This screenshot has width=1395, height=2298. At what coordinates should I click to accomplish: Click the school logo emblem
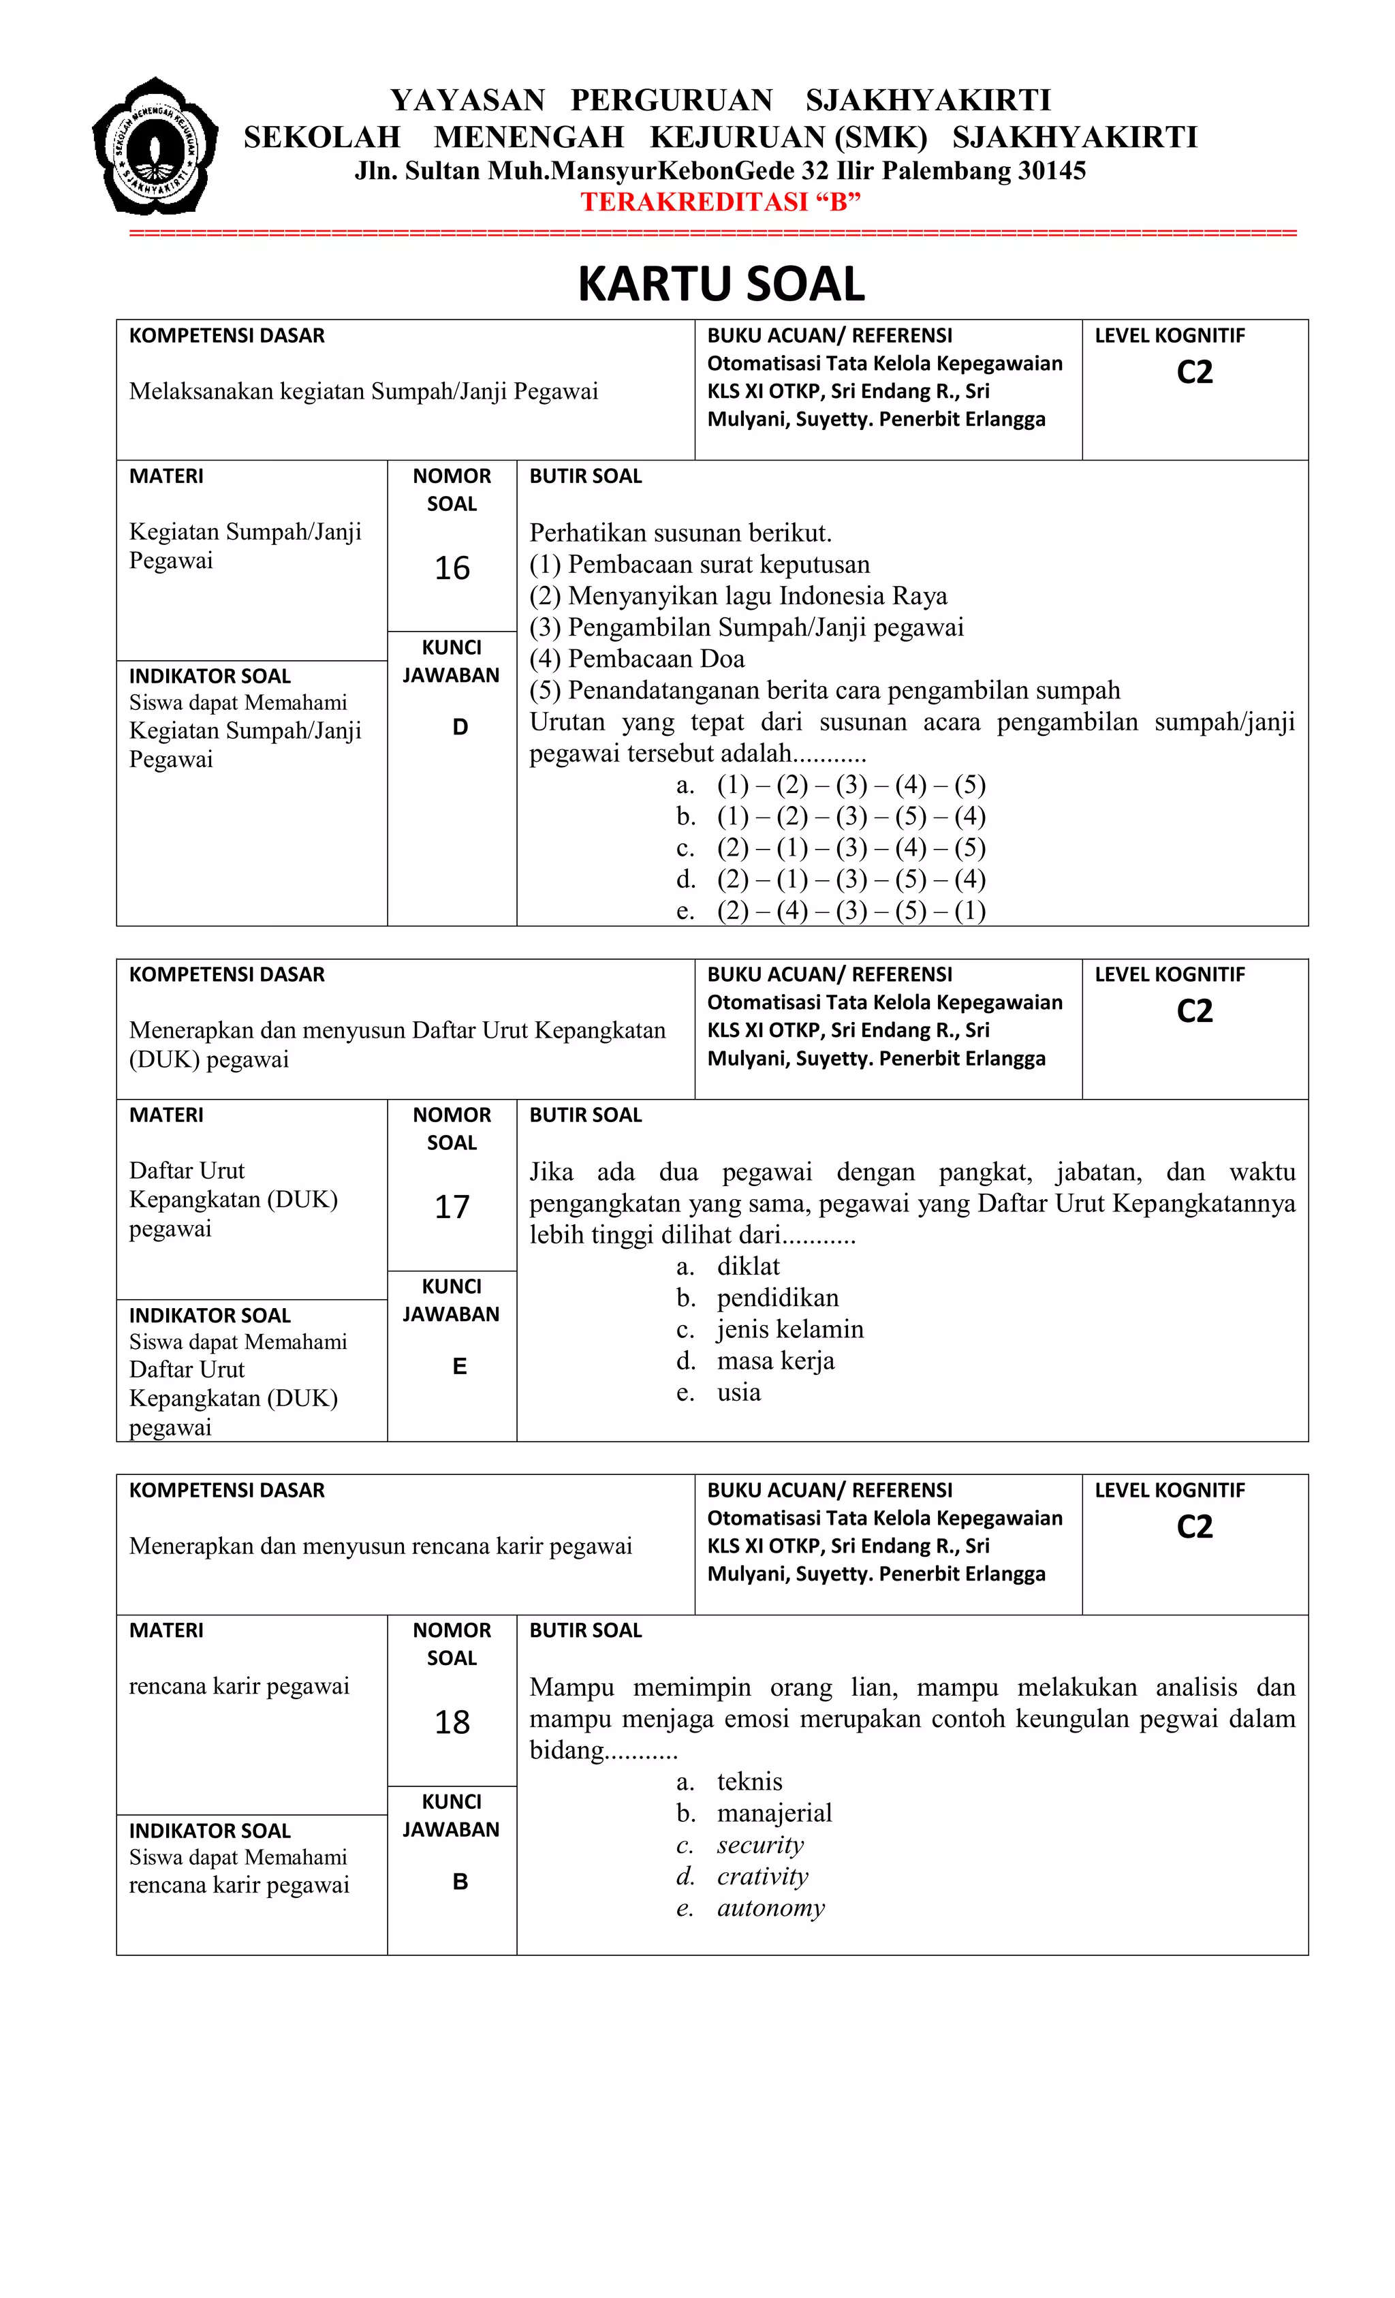(155, 146)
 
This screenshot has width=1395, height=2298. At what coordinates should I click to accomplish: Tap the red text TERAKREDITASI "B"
(720, 202)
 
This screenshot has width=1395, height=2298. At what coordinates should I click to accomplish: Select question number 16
(452, 568)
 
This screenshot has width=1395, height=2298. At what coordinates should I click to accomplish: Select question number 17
(452, 1207)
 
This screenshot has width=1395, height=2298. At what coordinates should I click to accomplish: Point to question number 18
(452, 1722)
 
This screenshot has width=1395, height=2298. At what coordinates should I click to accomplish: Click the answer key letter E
(459, 1366)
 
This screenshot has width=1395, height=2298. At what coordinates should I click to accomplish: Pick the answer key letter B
(460, 1882)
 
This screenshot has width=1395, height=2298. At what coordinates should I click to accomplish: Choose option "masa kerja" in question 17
(775, 1361)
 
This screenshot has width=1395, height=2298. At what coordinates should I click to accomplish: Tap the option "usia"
(738, 1393)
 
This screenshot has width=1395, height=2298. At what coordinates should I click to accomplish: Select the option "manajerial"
(774, 1813)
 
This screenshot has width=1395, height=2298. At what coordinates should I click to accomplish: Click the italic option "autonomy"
(770, 1907)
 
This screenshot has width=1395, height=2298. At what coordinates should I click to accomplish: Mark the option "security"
(760, 1845)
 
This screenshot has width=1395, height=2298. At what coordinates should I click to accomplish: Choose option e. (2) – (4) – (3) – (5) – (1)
(851, 910)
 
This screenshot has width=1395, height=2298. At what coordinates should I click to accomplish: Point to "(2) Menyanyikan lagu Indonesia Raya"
(738, 596)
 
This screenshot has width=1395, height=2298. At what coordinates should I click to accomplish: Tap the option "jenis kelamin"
(790, 1329)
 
